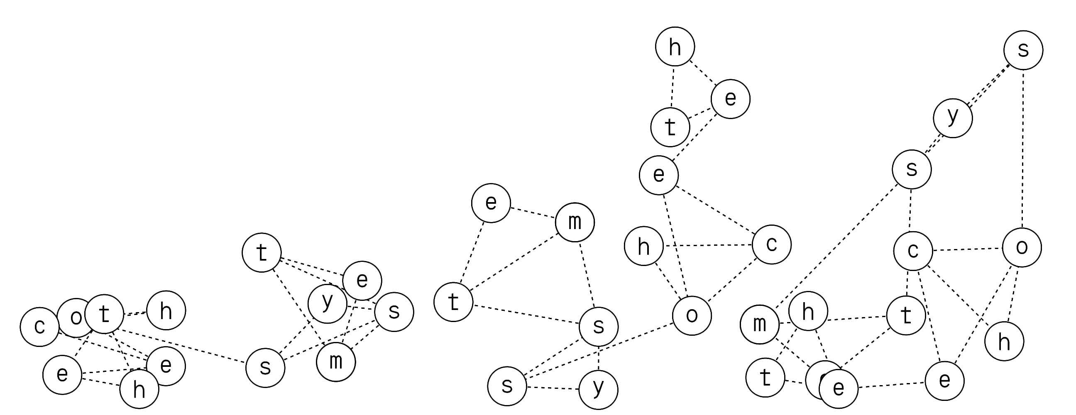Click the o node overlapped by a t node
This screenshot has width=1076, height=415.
72,318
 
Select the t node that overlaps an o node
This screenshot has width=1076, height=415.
104,314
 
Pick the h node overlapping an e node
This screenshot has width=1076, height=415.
139,389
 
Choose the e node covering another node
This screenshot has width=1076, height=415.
838,388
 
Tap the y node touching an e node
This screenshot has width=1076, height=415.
327,303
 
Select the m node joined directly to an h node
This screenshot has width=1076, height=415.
759,324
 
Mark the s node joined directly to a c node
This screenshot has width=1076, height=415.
912,169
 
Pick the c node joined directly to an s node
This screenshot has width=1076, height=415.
913,251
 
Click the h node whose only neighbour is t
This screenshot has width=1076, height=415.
166,310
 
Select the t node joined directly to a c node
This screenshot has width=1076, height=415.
905,316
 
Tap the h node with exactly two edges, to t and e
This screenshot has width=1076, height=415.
675,47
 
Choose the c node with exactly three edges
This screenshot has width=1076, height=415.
771,244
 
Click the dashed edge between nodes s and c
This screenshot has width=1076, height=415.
911,210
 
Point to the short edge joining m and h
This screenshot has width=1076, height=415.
784,323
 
